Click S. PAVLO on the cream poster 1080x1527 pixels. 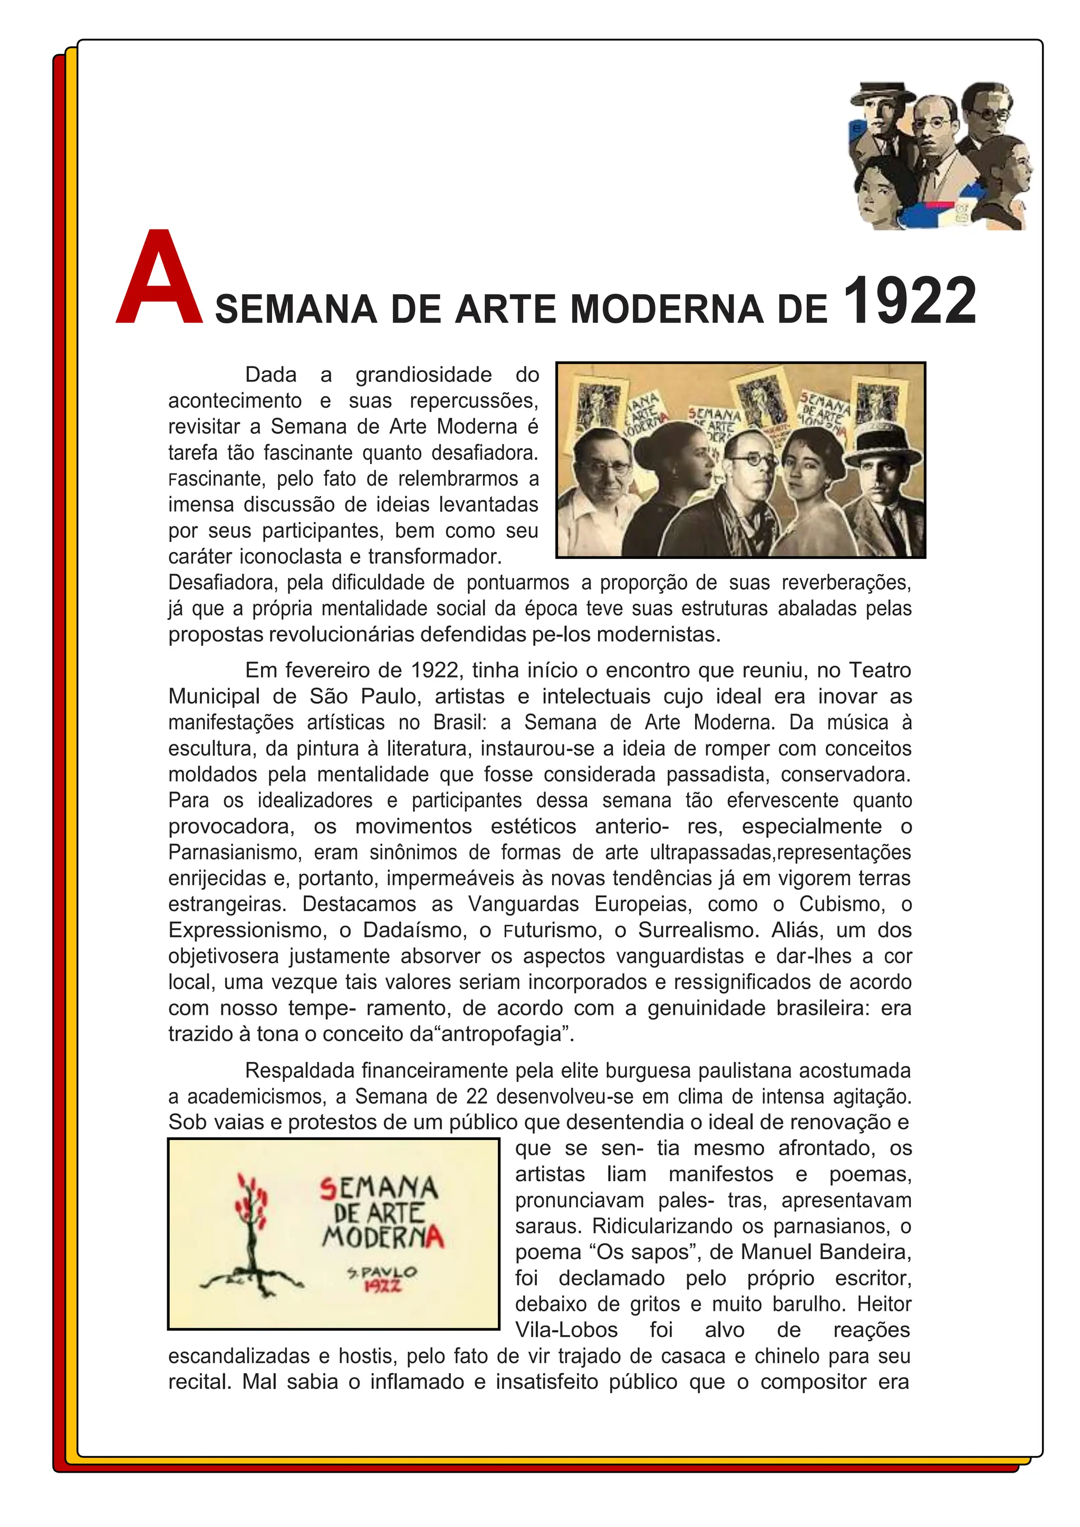(x=382, y=1272)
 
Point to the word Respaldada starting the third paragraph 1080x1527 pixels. (x=300, y=1071)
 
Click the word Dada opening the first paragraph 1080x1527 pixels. (x=271, y=375)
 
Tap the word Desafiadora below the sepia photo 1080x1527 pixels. (x=224, y=583)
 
